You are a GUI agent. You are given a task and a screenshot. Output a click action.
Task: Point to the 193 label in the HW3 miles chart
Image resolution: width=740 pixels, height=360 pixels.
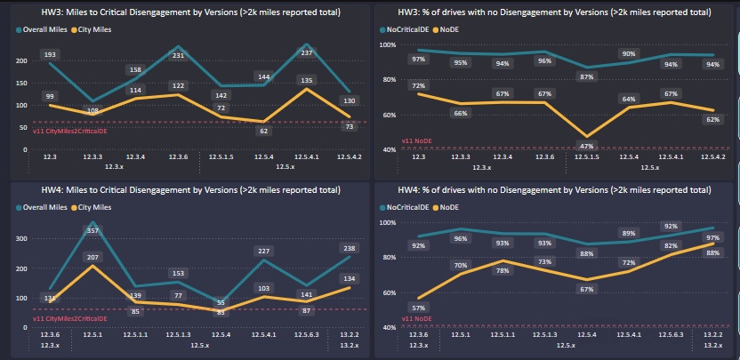tap(51, 54)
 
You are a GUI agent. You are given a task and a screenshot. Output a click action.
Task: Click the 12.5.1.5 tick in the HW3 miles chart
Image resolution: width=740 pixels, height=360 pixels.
tap(222, 156)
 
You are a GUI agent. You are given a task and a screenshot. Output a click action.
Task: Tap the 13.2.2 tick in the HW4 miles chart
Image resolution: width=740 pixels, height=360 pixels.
tap(349, 333)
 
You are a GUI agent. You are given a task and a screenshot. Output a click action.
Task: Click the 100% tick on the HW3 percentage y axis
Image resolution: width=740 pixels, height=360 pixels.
tap(388, 44)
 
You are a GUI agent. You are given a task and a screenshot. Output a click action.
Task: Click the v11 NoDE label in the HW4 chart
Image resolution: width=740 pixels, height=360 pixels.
tap(416, 317)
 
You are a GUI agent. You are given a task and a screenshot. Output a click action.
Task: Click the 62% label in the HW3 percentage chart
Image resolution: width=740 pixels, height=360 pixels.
tap(712, 119)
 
